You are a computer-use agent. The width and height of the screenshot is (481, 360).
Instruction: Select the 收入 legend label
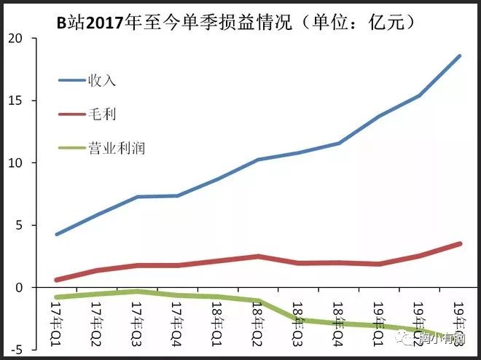pyautogui.click(x=102, y=80)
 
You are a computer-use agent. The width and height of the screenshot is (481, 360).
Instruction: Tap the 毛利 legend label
pyautogui.click(x=102, y=114)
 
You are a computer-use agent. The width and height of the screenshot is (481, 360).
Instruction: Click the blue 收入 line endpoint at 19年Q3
pyautogui.click(x=459, y=56)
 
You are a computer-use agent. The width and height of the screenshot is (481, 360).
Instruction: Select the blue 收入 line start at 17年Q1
pyautogui.click(x=56, y=234)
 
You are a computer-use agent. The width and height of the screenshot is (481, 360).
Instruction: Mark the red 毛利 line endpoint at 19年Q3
pyautogui.click(x=459, y=243)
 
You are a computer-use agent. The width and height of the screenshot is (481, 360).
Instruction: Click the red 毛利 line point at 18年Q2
pyautogui.click(x=257, y=257)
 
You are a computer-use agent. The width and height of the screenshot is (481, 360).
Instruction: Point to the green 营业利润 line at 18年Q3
pyautogui.click(x=297, y=319)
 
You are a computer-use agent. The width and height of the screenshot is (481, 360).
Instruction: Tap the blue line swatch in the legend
pyautogui.click(x=72, y=80)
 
